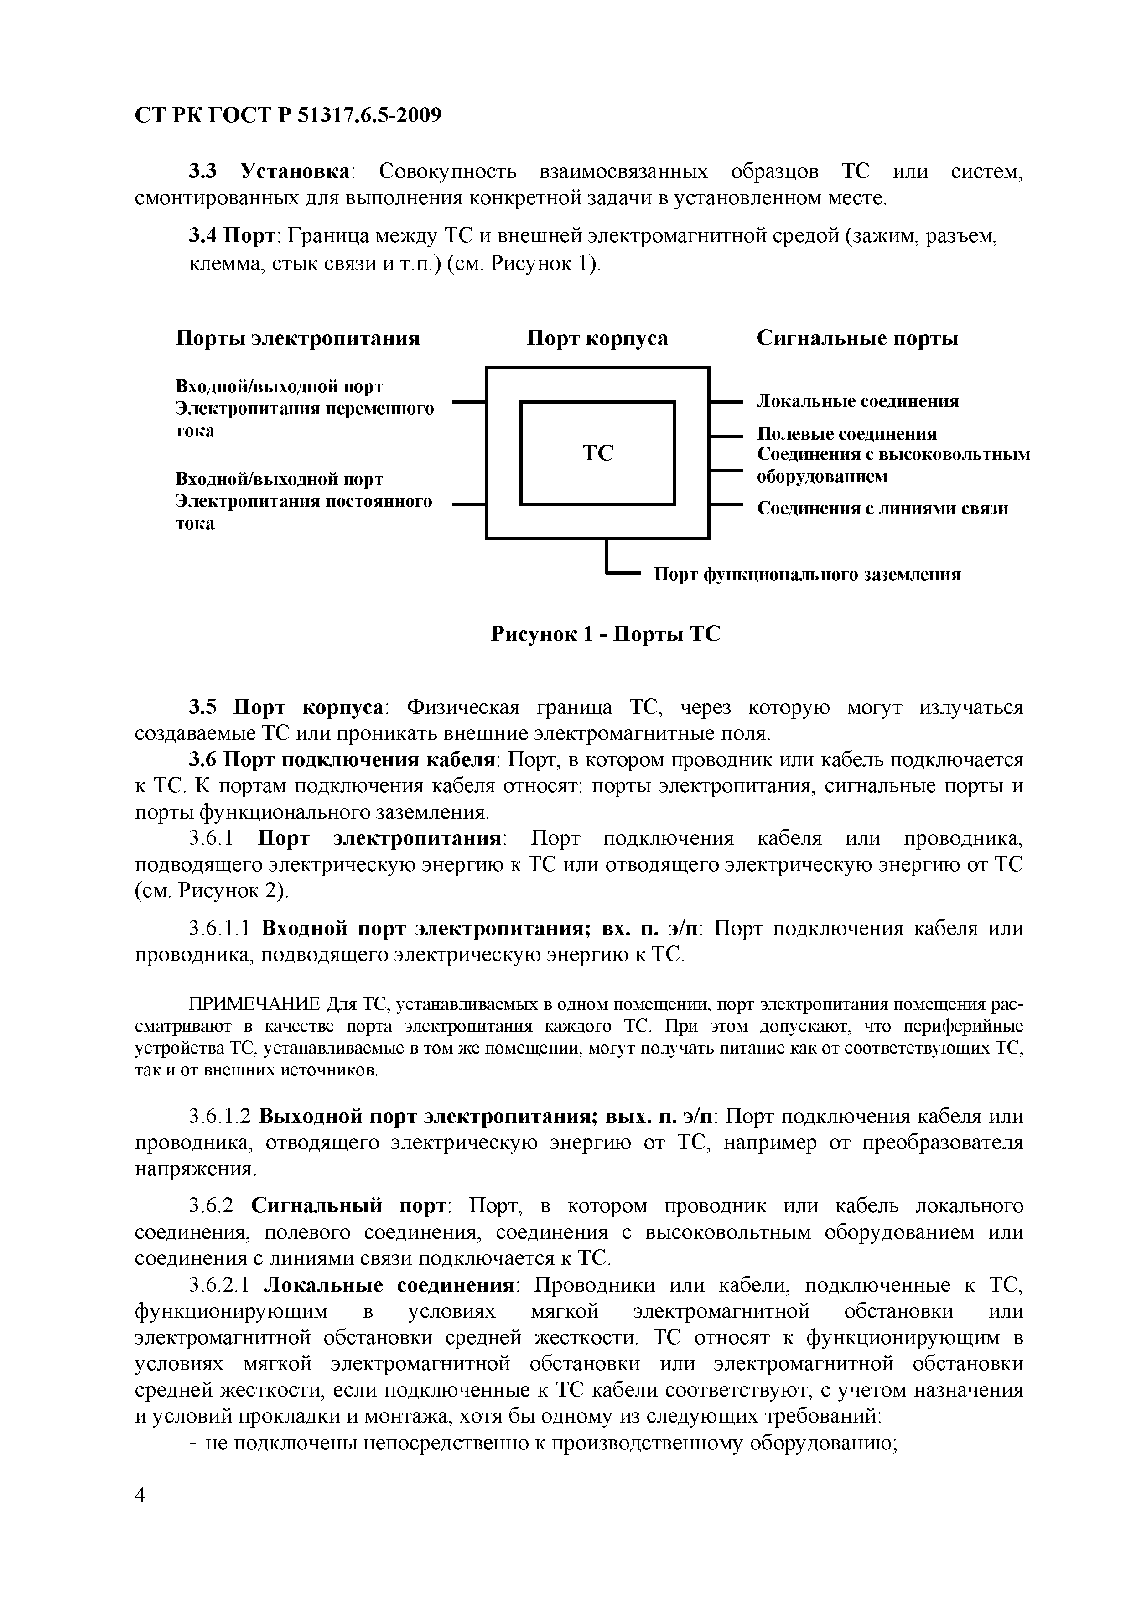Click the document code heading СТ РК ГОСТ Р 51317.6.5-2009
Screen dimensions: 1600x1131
[288, 115]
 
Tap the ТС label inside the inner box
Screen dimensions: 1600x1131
[597, 454]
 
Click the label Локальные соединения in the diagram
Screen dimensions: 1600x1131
[858, 401]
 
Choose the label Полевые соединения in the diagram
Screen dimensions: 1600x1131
[847, 434]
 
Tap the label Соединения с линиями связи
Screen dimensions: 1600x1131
[882, 508]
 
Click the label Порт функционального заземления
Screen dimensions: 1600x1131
[807, 574]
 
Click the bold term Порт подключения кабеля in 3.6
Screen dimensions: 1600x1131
[362, 759]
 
